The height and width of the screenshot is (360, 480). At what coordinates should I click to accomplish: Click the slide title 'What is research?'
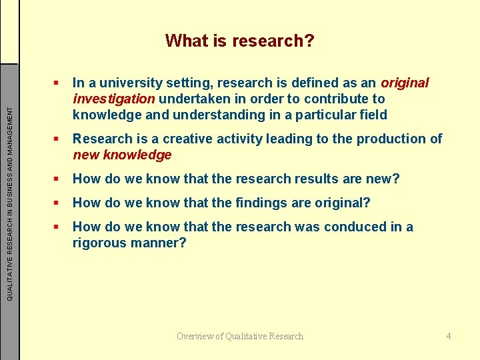239,41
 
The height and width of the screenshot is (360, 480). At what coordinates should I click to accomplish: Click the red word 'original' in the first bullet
405,83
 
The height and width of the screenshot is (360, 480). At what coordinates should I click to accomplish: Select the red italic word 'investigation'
114,99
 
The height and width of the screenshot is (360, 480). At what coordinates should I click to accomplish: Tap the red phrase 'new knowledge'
122,155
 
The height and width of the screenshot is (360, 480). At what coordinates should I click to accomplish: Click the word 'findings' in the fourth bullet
266,203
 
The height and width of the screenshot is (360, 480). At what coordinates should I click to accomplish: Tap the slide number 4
449,336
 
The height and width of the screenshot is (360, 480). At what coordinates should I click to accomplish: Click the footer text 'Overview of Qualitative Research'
240,336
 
